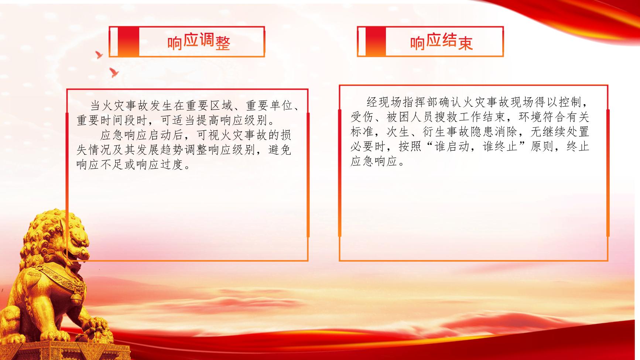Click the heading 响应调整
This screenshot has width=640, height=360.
[x=199, y=42]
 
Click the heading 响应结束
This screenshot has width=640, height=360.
[x=441, y=42]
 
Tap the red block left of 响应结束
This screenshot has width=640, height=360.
[x=376, y=41]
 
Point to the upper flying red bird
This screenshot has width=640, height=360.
[x=99, y=55]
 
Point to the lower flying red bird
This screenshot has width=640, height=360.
[x=114, y=72]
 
